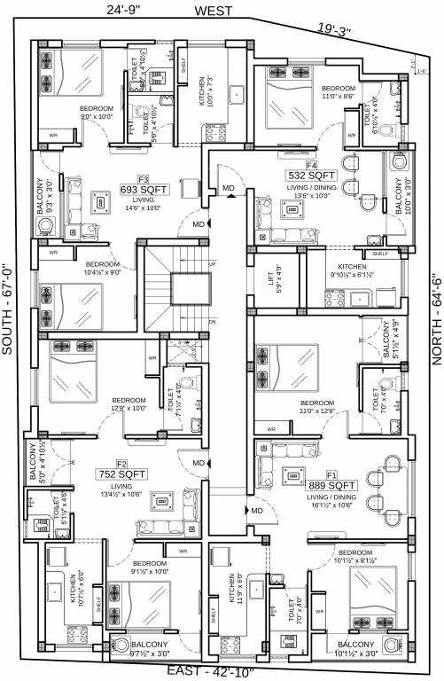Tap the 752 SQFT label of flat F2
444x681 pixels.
(122, 475)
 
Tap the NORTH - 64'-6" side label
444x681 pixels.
(435, 307)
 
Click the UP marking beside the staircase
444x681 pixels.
(211, 264)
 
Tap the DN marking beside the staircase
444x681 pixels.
(212, 321)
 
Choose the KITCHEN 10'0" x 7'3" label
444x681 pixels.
(204, 90)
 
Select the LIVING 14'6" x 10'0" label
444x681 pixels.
(144, 204)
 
